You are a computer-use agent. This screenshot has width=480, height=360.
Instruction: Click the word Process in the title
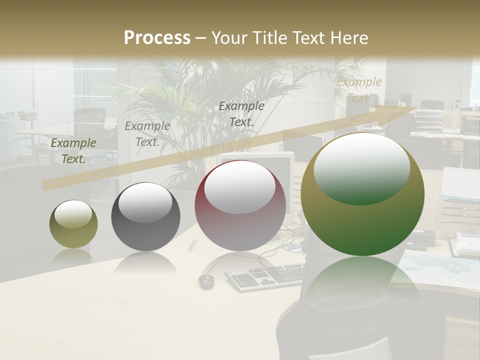(157, 38)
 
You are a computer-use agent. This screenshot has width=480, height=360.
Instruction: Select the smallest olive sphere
(73, 224)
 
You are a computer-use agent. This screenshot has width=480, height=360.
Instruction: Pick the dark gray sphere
(145, 216)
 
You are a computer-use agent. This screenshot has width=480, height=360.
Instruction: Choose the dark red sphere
(240, 205)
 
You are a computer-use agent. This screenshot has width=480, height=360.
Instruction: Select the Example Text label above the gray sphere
(147, 134)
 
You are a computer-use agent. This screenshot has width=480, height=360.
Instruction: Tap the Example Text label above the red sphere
(241, 114)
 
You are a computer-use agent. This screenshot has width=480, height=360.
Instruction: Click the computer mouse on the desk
(206, 281)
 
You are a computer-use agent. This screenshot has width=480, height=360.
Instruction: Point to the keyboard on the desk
(265, 276)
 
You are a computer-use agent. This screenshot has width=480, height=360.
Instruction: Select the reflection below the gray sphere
(145, 263)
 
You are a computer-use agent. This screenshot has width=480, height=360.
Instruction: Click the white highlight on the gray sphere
(145, 201)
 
